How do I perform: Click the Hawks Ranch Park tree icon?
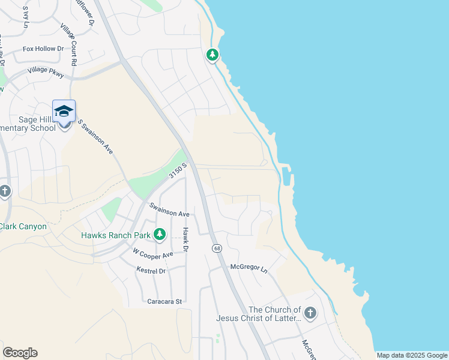tap(160, 234)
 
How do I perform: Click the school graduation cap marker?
tap(64, 112)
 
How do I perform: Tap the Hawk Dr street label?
tap(186, 239)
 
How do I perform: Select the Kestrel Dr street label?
tap(150, 271)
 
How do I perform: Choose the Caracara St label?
tap(164, 301)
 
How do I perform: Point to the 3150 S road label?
tap(178, 170)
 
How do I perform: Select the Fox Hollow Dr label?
tap(43, 49)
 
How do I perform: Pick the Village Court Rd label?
tap(69, 44)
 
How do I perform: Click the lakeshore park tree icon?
tap(212, 55)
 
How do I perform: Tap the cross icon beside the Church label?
tap(310, 313)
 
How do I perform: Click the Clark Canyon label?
tap(23, 226)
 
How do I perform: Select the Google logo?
tap(20, 353)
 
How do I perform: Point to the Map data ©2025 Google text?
tap(411, 355)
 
